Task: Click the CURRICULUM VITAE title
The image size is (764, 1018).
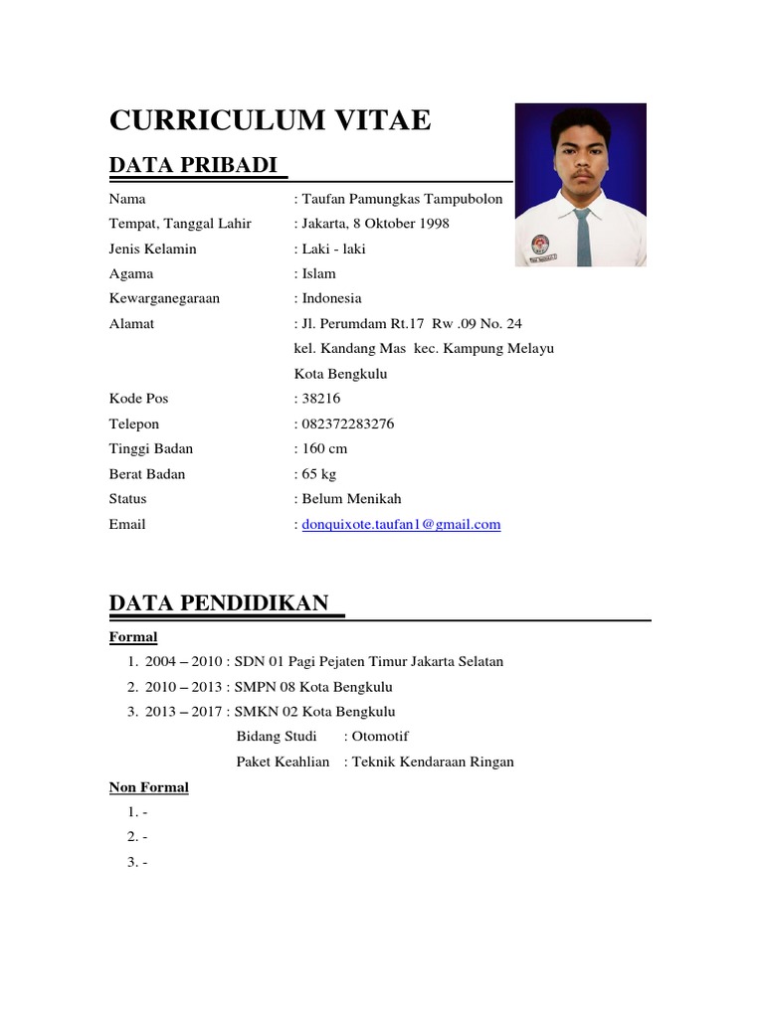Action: [x=270, y=120]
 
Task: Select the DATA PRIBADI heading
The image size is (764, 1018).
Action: [x=193, y=165]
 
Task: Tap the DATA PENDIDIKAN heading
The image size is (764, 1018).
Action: [x=219, y=602]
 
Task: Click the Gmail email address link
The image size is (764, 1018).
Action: [x=401, y=524]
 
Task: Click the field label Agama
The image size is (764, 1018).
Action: [x=131, y=273]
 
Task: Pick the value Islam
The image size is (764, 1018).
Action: [x=319, y=273]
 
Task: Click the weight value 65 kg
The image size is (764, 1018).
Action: [x=319, y=474]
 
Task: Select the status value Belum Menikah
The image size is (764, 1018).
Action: [x=351, y=499]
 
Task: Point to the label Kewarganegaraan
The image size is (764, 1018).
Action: [x=164, y=298]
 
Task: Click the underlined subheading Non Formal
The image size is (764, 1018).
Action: [x=148, y=787]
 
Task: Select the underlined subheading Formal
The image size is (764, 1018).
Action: [x=133, y=636]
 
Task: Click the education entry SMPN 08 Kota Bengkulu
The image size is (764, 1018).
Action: [x=313, y=687]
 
